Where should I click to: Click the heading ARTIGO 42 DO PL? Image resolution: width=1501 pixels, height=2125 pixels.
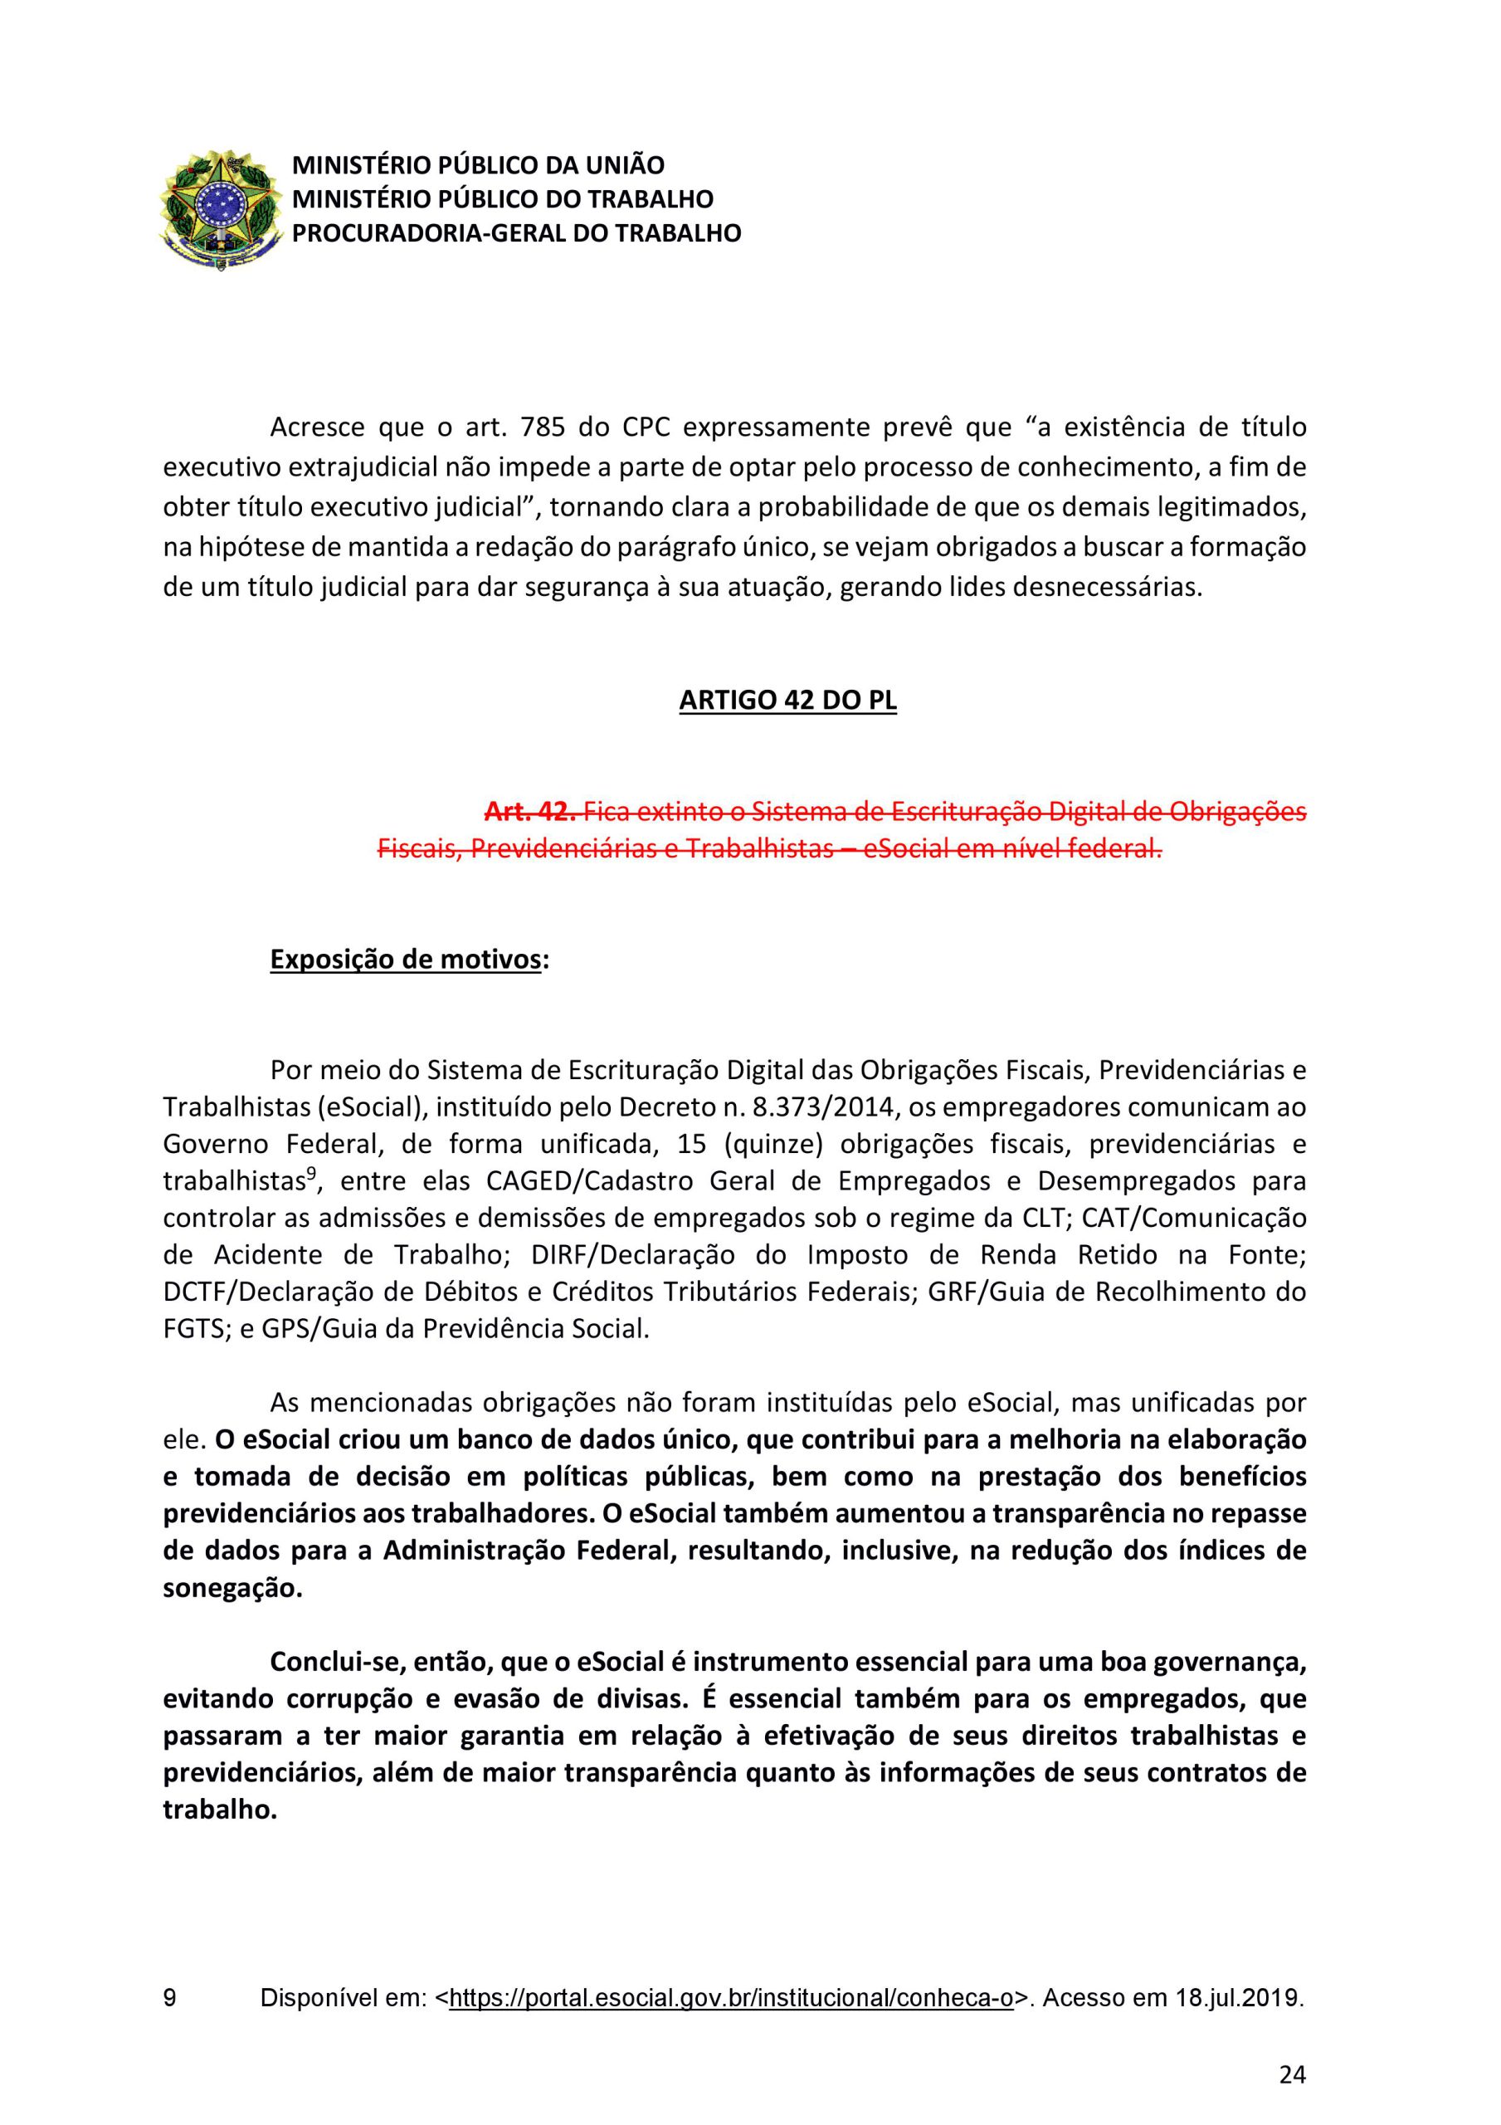click(787, 701)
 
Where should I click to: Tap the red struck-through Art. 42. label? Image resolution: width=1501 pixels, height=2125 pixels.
click(531, 812)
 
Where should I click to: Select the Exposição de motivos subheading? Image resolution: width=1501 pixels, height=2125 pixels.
click(405, 960)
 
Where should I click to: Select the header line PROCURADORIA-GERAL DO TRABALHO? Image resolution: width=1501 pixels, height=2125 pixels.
click(516, 233)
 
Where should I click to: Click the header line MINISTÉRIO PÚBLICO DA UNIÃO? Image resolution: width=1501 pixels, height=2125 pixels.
click(479, 166)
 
